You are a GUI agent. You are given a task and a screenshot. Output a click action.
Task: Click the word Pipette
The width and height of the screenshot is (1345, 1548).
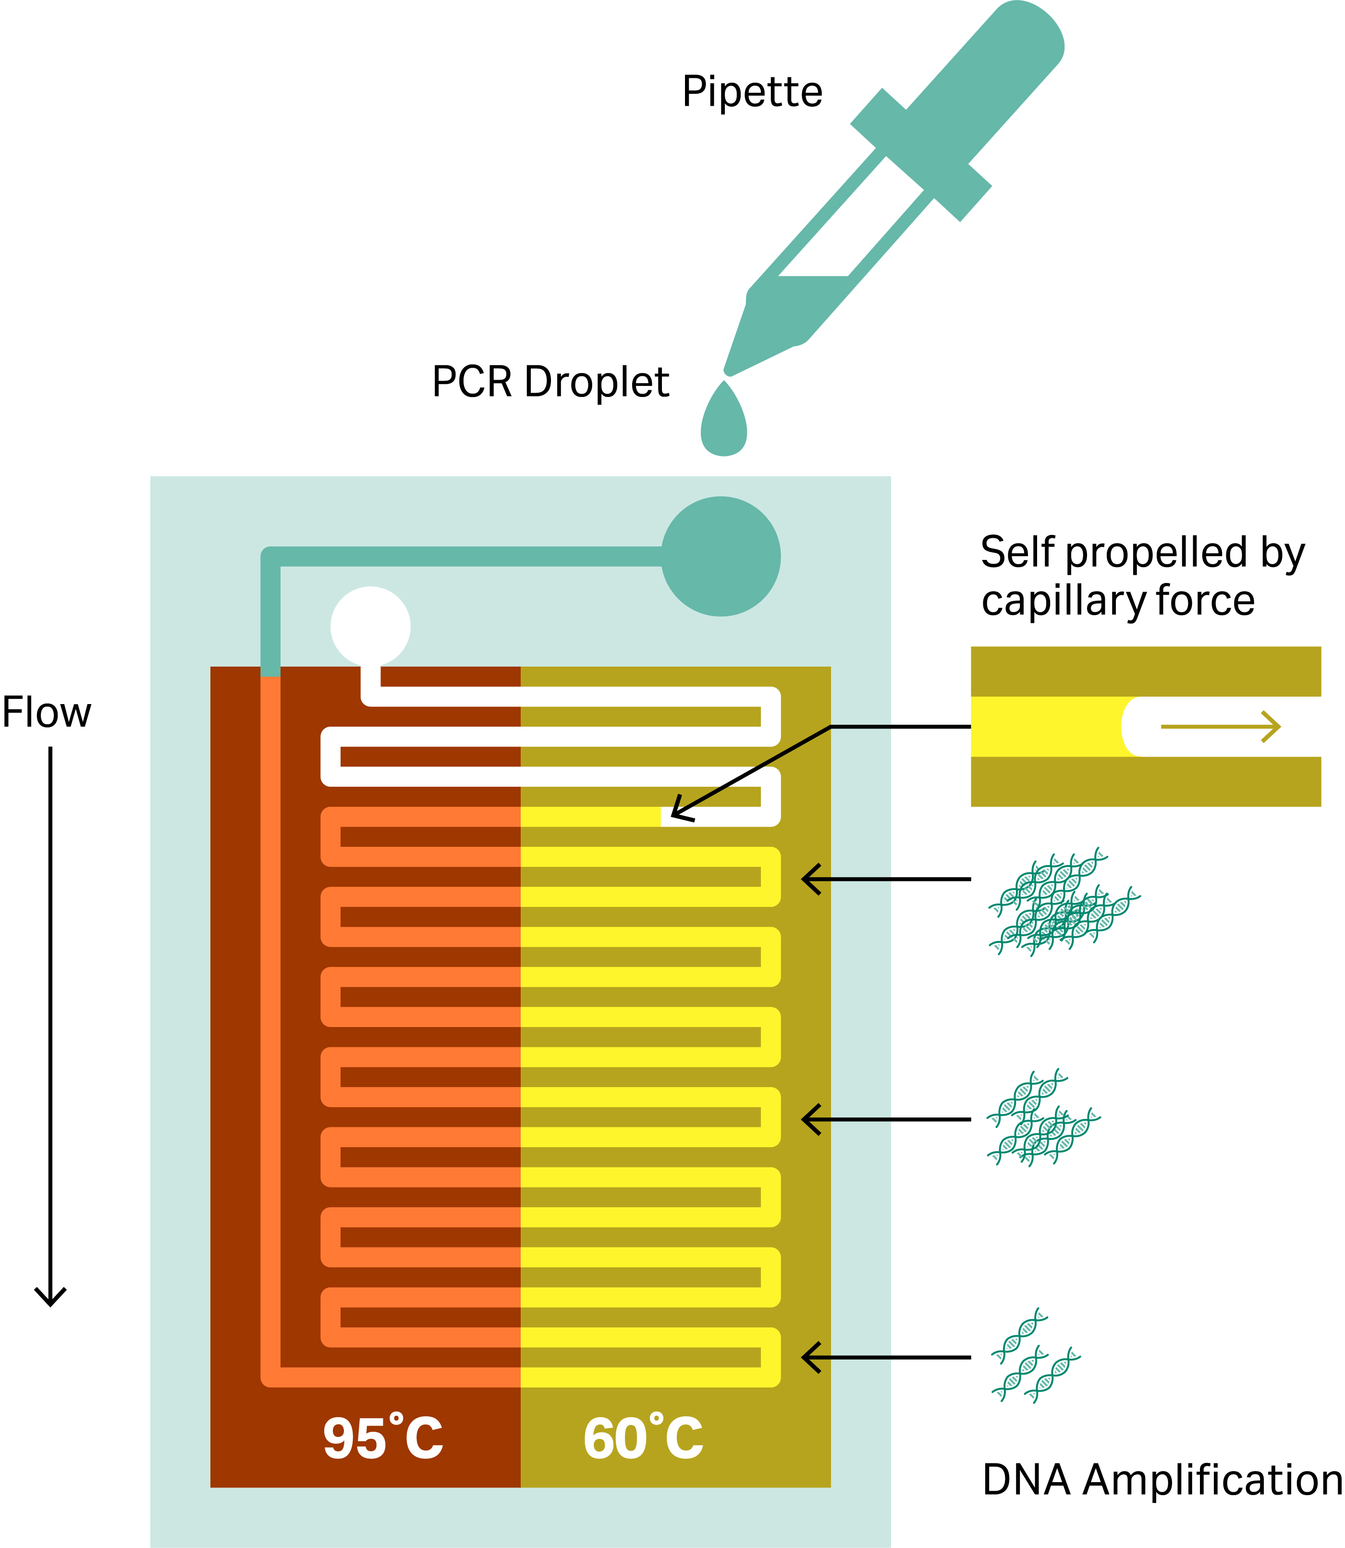[x=752, y=92]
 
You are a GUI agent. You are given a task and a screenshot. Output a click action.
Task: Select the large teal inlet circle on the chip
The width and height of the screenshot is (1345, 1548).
[x=721, y=556]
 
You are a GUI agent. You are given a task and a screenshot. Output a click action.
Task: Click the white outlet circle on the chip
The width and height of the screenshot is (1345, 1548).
[x=370, y=626]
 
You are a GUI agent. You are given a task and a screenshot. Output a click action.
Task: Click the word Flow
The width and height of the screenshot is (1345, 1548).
[x=47, y=713]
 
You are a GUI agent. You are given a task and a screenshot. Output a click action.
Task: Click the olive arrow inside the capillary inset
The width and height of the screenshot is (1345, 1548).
[x=1220, y=727]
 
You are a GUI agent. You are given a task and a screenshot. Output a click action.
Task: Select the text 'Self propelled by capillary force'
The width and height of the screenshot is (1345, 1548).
[x=1142, y=577]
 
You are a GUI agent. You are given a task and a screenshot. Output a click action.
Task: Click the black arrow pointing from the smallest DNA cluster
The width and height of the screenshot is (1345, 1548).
[x=886, y=1357]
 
